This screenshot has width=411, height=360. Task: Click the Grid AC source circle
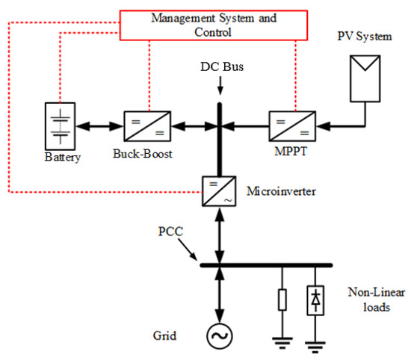(x=220, y=337)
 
